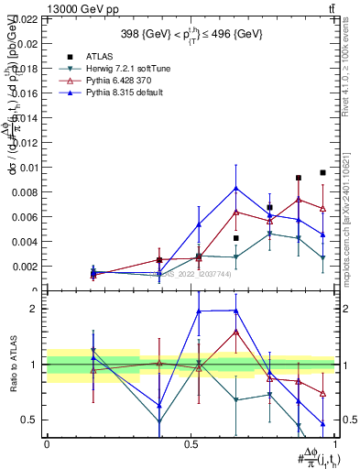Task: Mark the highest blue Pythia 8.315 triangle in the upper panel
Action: pyautogui.click(x=236, y=189)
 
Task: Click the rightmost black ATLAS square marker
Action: pyautogui.click(x=323, y=172)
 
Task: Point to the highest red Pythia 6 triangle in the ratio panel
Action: pyautogui.click(x=236, y=332)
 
